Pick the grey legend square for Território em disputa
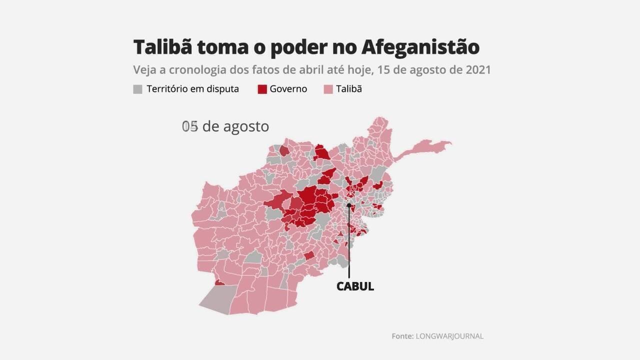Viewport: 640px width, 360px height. pyautogui.click(x=137, y=89)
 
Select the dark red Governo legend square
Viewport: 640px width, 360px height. pyautogui.click(x=262, y=89)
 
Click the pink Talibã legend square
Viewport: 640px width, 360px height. pyautogui.click(x=328, y=89)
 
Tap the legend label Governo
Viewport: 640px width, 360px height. pyautogui.click(x=288, y=89)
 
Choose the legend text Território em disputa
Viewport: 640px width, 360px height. pyautogui.click(x=192, y=89)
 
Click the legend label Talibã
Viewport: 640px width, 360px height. pyautogui.click(x=349, y=89)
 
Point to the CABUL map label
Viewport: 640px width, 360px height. pyautogui.click(x=355, y=286)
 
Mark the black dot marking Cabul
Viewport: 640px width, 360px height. pyautogui.click(x=348, y=205)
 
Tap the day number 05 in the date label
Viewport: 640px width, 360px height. pyautogui.click(x=190, y=126)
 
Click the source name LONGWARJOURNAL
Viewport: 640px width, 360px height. pyautogui.click(x=449, y=336)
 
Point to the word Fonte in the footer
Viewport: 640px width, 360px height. pyautogui.click(x=402, y=336)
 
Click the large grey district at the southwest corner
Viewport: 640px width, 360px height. pyautogui.click(x=217, y=299)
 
